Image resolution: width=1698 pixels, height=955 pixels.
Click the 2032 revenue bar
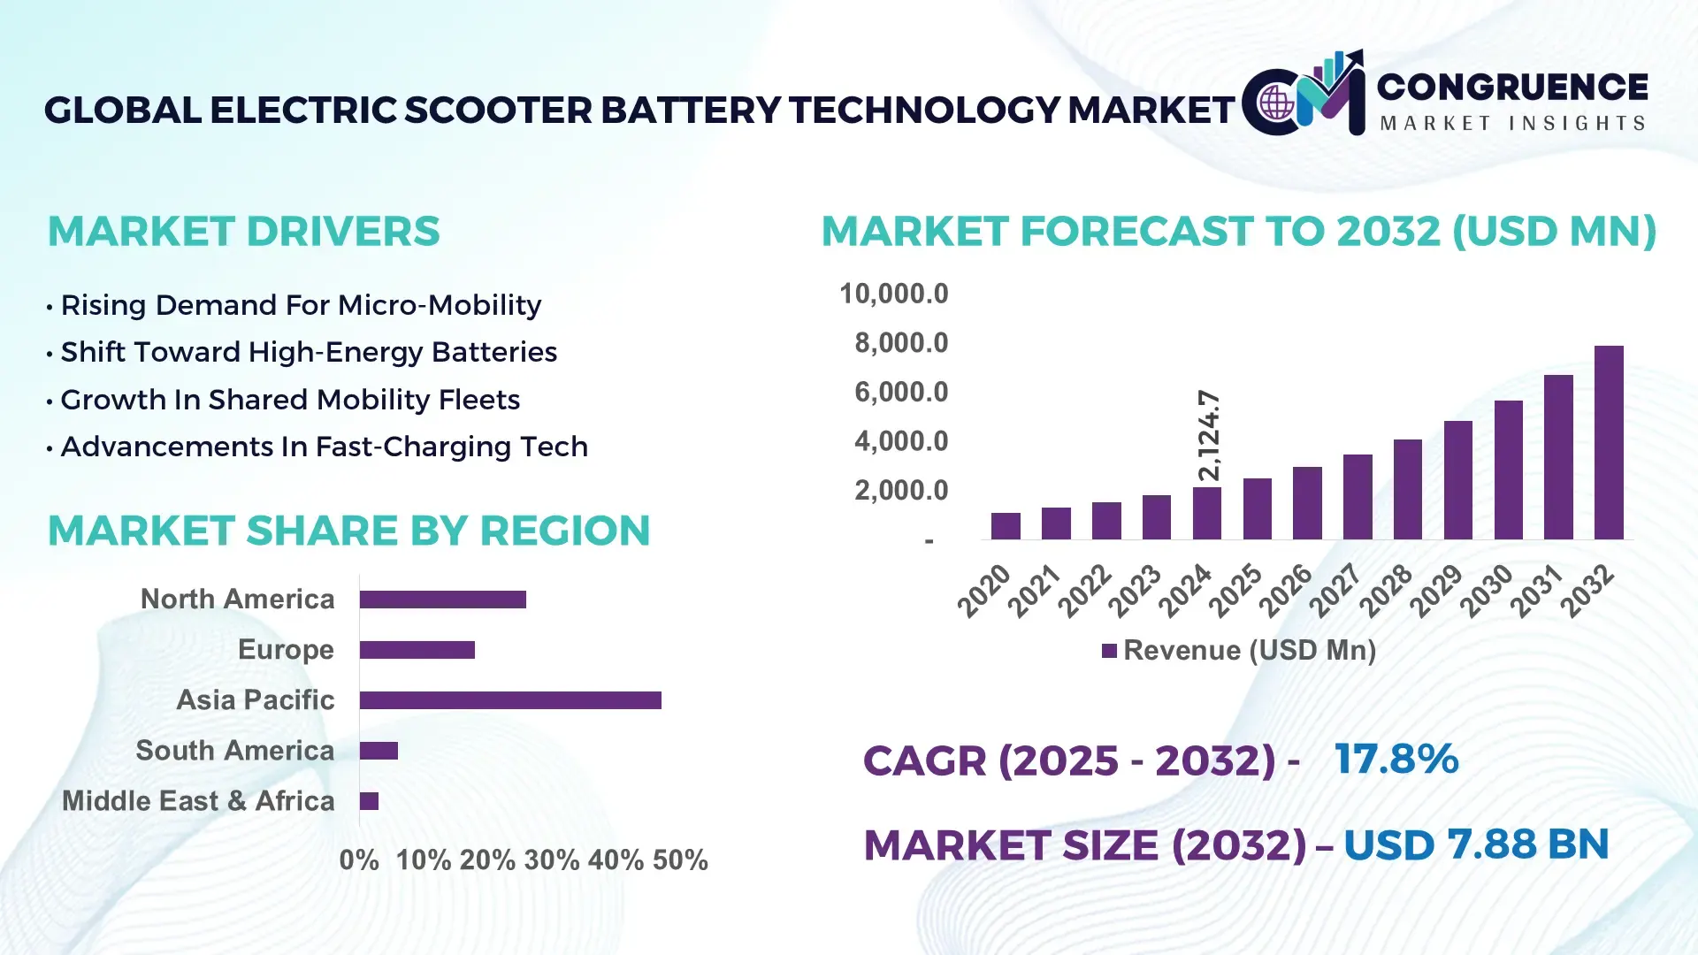click(x=1608, y=442)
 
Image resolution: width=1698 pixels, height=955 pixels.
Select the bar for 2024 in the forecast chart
click(x=1206, y=513)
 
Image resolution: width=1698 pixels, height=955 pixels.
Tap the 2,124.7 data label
click(x=1208, y=435)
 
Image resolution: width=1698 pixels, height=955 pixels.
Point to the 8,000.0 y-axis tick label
click(x=900, y=343)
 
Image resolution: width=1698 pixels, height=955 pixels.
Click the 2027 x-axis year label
click(x=1335, y=590)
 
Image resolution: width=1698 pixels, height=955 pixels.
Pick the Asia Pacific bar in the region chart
click(x=510, y=700)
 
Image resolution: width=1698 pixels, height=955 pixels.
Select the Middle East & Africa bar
click(x=369, y=801)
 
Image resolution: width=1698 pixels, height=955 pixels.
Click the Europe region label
click(x=286, y=650)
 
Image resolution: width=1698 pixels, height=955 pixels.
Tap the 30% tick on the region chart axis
click(x=551, y=859)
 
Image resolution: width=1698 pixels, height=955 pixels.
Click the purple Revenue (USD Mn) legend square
click(x=1109, y=651)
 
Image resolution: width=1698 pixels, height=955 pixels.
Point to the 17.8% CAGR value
click(x=1396, y=759)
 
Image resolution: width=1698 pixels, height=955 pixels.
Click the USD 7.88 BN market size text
click(x=1475, y=844)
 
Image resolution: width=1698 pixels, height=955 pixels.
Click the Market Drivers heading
click(x=243, y=232)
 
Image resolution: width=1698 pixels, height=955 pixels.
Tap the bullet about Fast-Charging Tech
click(x=324, y=447)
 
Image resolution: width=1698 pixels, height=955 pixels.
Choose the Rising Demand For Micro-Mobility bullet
click(x=301, y=305)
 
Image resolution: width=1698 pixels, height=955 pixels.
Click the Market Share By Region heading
click(x=348, y=531)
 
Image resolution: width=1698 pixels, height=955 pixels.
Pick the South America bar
click(x=379, y=751)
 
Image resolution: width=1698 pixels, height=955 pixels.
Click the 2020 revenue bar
click(x=1006, y=526)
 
